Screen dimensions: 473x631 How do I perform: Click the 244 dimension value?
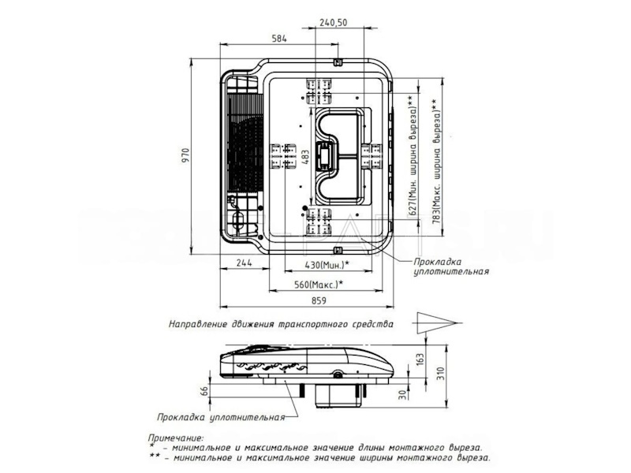click(245, 263)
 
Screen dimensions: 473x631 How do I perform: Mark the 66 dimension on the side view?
click(203, 390)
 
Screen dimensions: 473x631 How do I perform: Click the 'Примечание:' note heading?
click(175, 436)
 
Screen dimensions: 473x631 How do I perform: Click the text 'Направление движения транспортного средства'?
click(280, 323)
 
